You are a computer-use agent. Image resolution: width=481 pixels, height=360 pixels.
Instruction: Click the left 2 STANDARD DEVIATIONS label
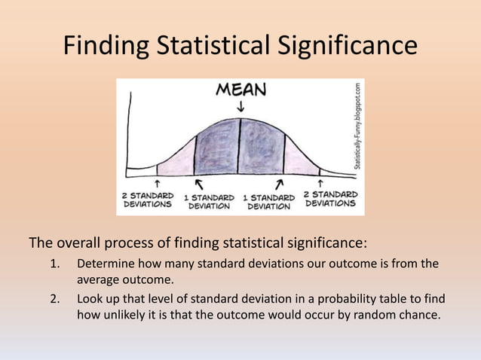click(x=148, y=199)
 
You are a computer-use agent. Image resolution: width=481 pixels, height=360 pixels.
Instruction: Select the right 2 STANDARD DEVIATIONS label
click(x=329, y=199)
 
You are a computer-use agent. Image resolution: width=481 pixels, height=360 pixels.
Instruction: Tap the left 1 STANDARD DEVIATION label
click(x=208, y=202)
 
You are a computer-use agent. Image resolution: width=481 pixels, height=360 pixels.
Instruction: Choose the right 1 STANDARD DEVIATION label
click(x=268, y=202)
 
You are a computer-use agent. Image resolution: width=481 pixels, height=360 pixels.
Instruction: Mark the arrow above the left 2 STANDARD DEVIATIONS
click(x=157, y=182)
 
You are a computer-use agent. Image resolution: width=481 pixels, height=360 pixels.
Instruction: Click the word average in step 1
click(x=100, y=279)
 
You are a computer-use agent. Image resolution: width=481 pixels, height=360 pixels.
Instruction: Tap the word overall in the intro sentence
click(x=77, y=243)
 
